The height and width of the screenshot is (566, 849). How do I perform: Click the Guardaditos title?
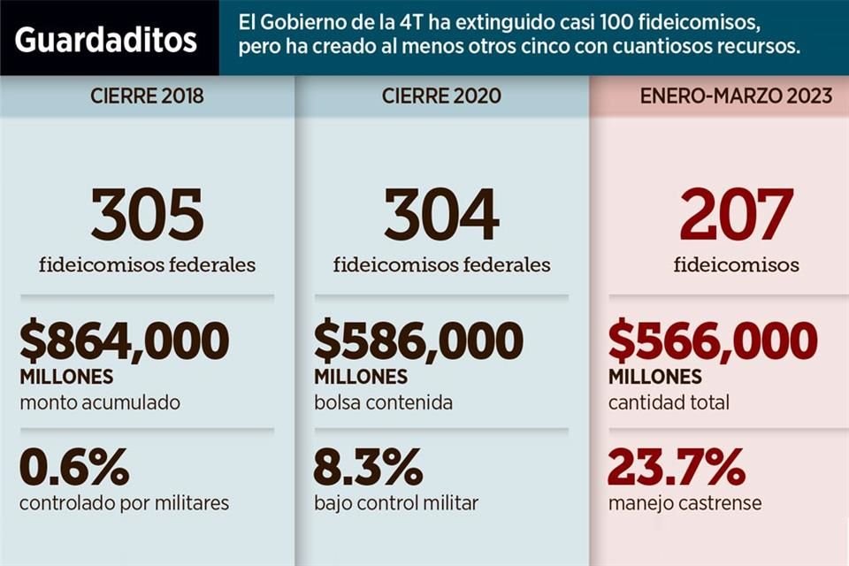pos(106,40)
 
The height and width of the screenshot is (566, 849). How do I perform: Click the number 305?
pos(147,216)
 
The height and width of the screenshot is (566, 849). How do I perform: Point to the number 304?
pos(441,216)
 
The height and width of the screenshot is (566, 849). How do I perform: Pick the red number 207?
pos(736,216)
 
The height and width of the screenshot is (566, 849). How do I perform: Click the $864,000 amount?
pos(124,341)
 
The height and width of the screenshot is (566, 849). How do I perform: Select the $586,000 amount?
pos(418,341)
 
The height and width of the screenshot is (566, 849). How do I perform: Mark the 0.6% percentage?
pos(74,467)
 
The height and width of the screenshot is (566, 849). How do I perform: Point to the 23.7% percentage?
pos(677,467)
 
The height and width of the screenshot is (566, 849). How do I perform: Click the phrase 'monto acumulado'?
pos(99,402)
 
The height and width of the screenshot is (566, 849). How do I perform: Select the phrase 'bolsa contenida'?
pos(383,402)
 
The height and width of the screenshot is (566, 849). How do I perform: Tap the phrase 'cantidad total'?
pos(669,402)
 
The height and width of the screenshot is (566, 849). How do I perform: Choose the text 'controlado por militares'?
pos(124,503)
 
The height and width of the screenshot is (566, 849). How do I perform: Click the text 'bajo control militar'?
pos(396,503)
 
